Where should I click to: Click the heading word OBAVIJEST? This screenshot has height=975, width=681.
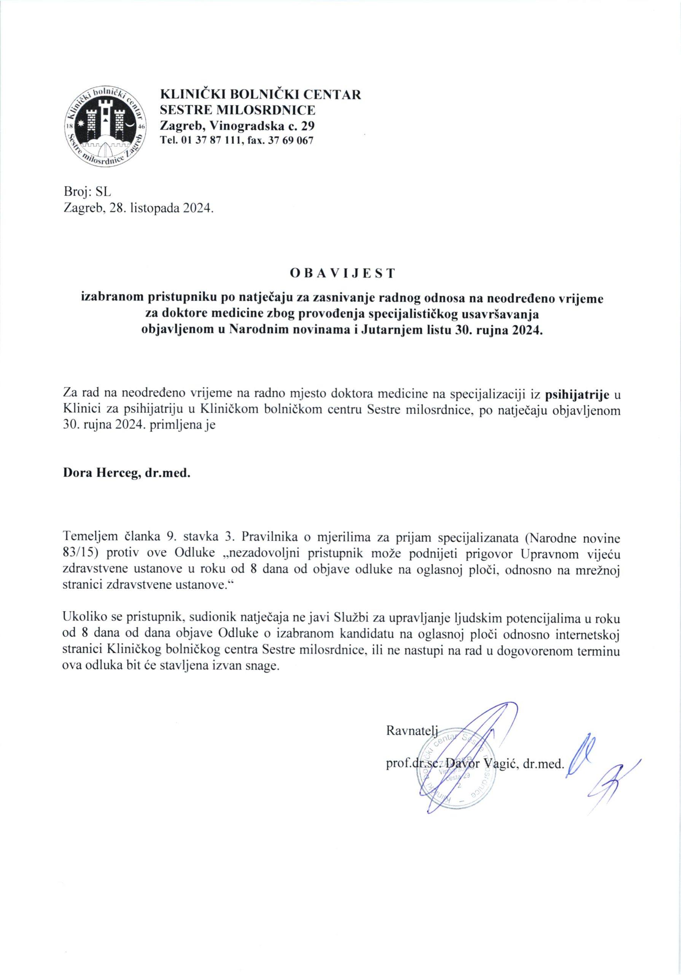click(342, 273)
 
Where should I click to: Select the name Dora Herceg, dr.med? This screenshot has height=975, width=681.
click(127, 473)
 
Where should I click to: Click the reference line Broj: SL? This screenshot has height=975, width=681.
click(87, 192)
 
